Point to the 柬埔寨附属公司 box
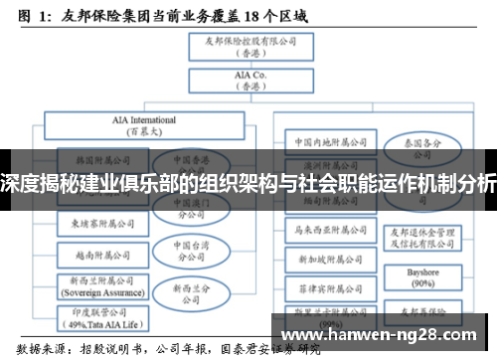(x=96, y=224)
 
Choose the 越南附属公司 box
(x=96, y=254)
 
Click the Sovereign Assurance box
(x=96, y=288)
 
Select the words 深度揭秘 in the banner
(x=38, y=183)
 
